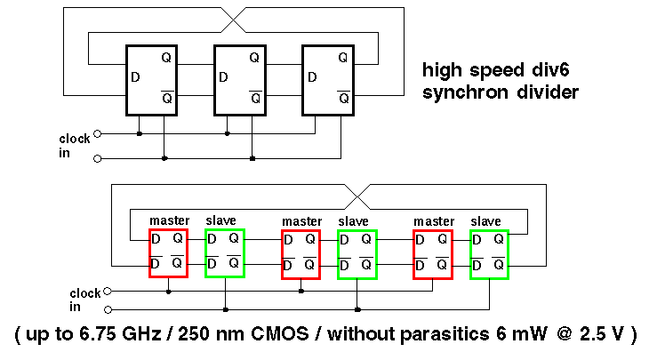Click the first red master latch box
[168, 252]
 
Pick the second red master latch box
[300, 252]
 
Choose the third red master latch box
[433, 252]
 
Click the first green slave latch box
[224, 252]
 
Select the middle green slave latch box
[357, 252]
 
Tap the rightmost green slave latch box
[490, 252]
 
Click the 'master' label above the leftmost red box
[169, 220]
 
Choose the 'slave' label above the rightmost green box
[486, 220]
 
